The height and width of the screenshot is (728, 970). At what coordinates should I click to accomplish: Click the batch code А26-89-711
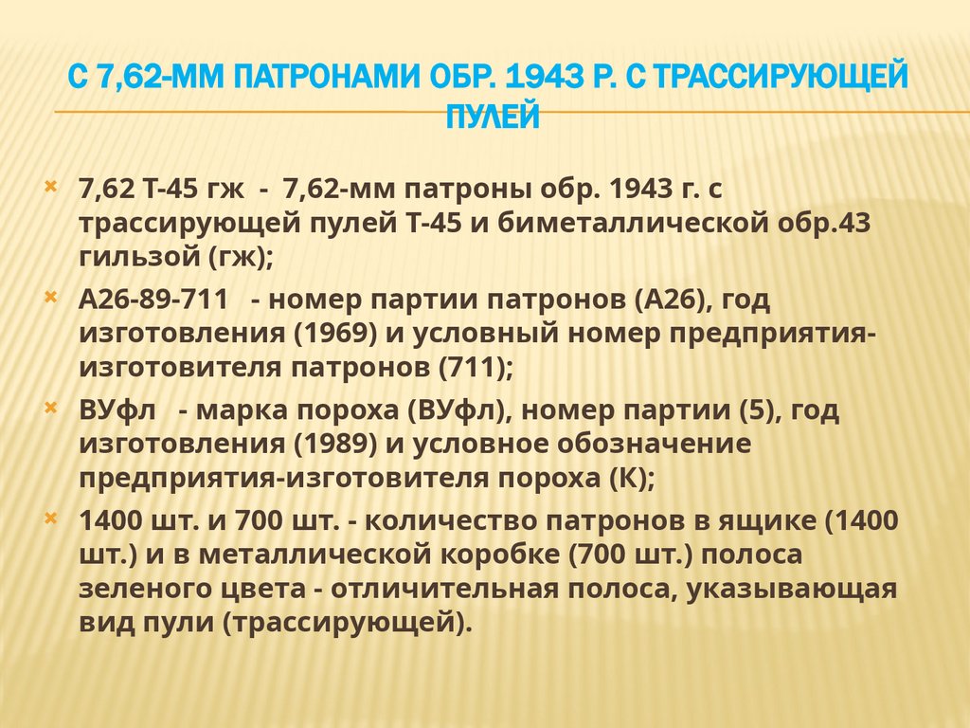click(x=153, y=300)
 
